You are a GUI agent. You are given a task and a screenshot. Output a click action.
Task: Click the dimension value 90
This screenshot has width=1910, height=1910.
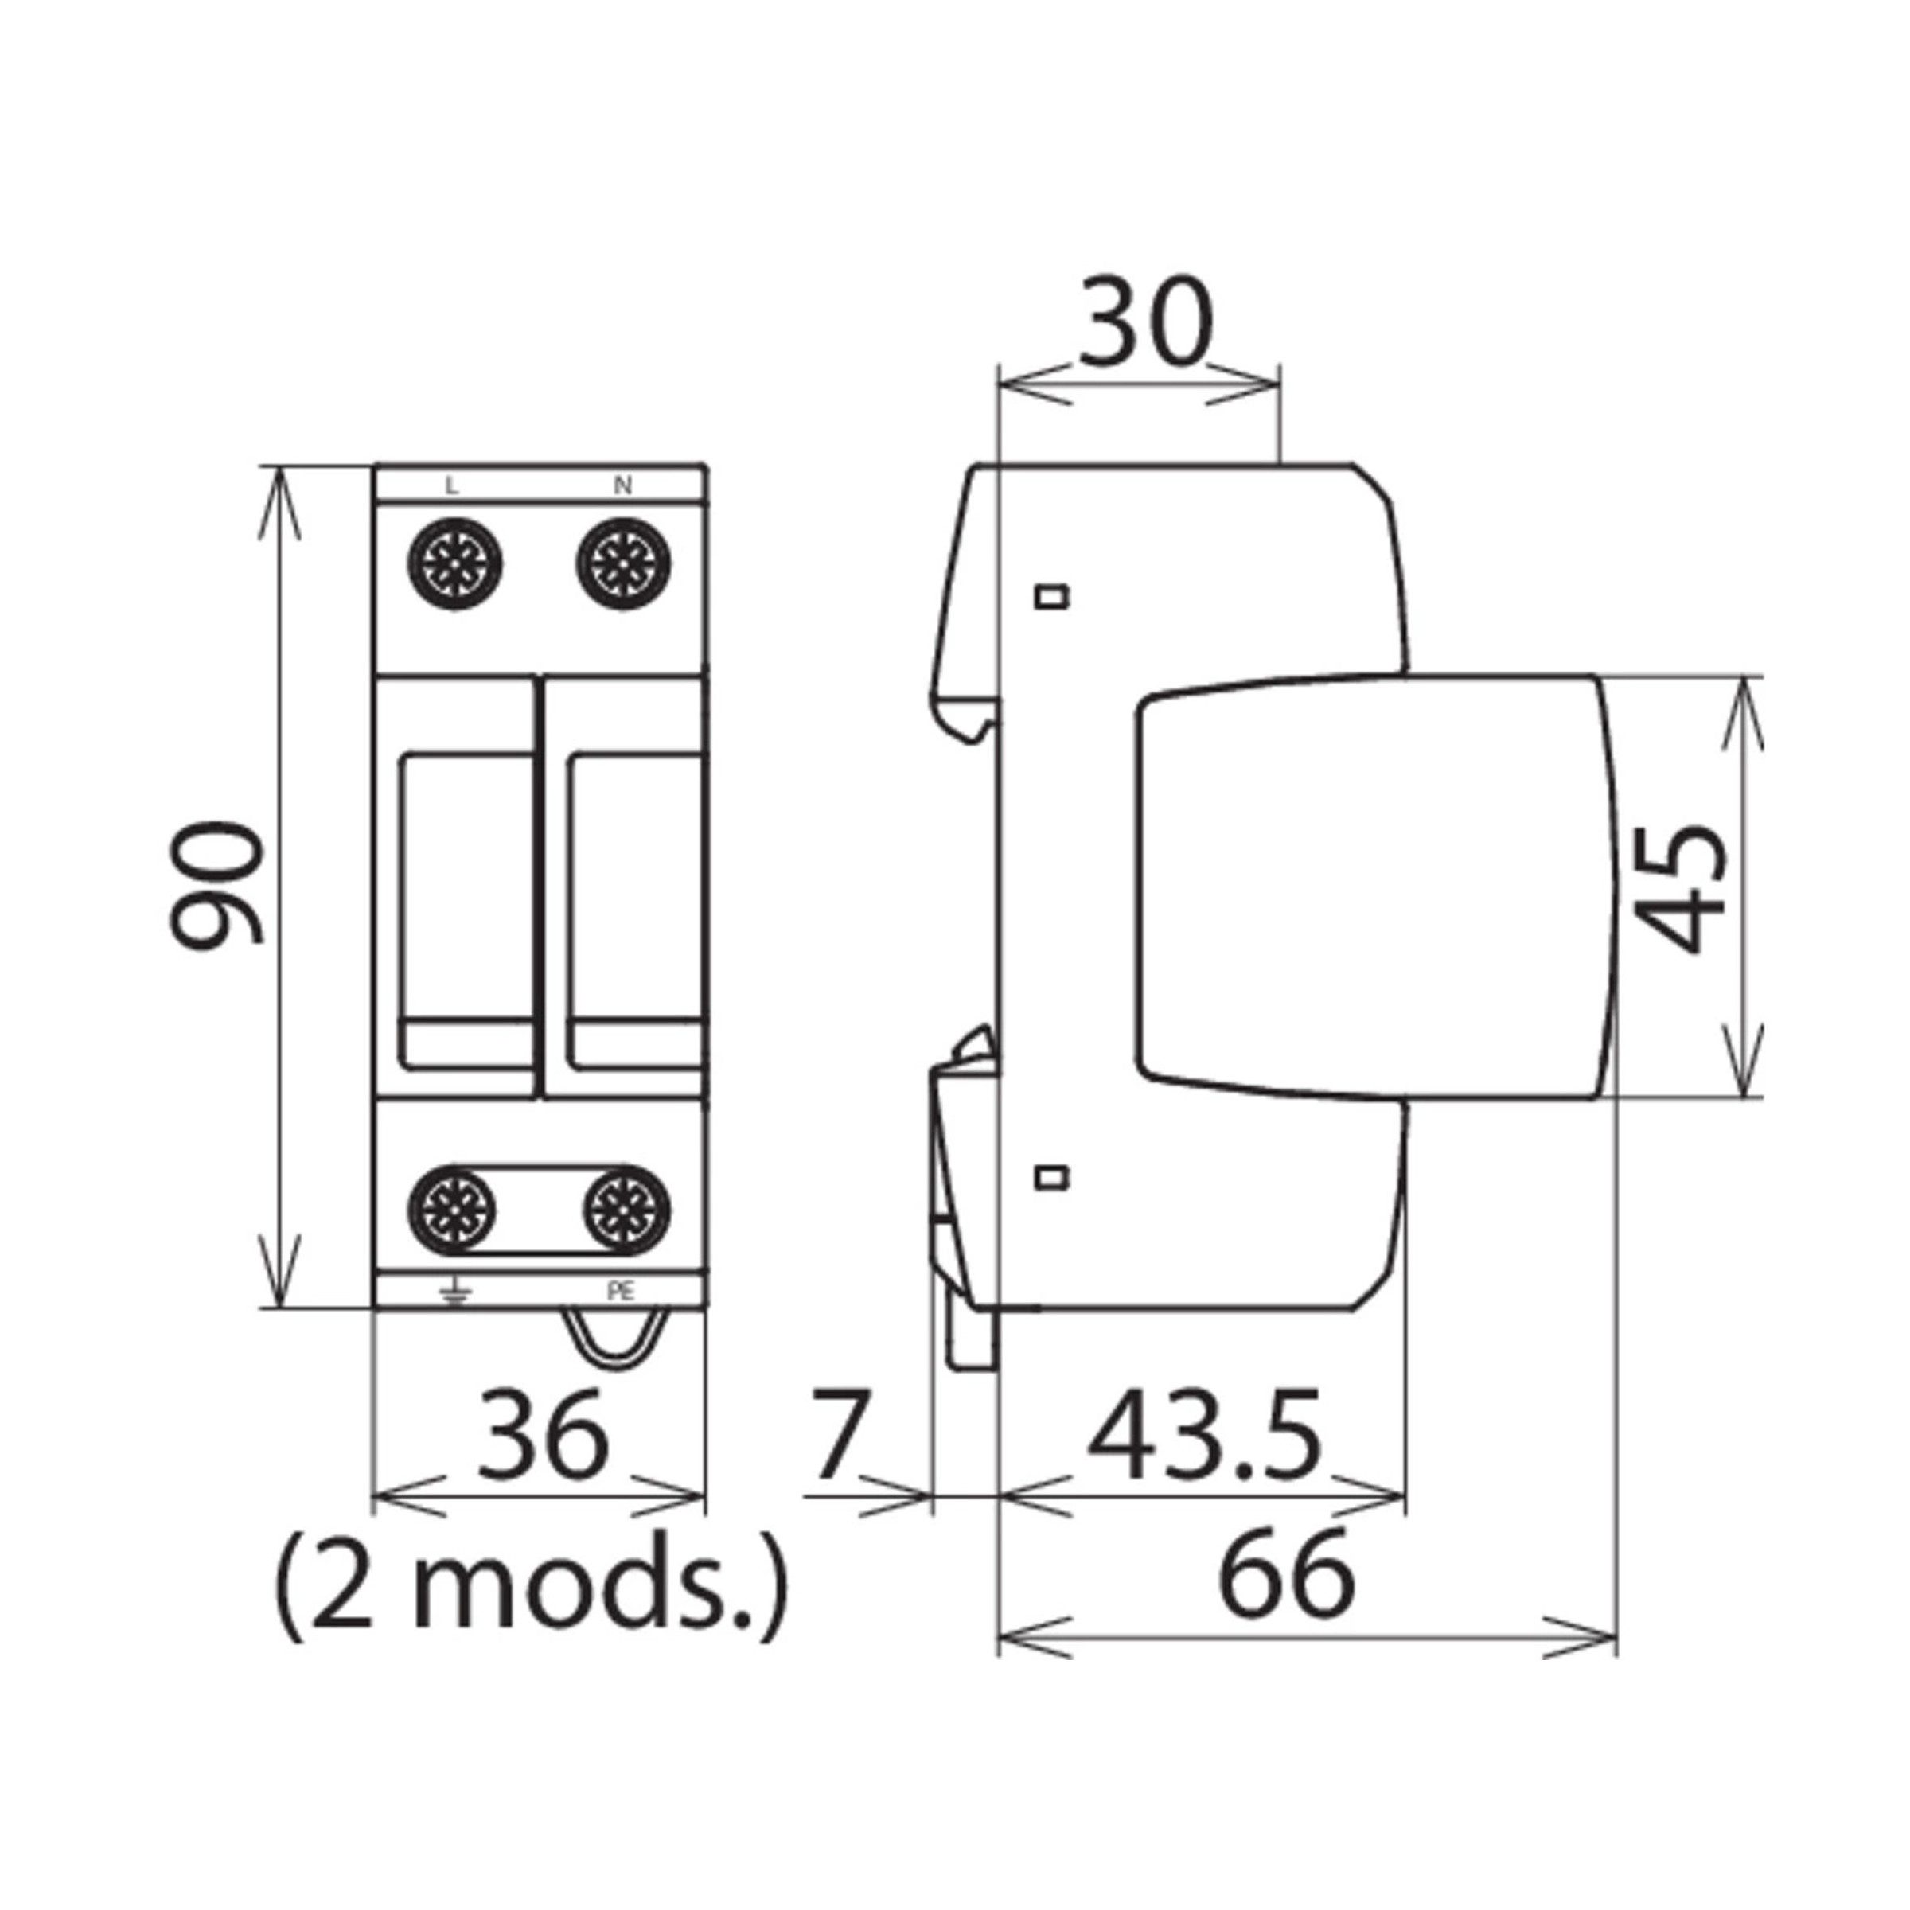pos(215,883)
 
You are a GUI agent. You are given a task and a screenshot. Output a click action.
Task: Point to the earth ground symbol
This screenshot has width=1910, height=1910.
pos(454,1292)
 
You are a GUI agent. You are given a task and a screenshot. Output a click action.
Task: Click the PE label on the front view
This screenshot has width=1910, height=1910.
pos(621,1291)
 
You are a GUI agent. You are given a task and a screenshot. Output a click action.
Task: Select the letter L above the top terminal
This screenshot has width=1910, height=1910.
pos(452,485)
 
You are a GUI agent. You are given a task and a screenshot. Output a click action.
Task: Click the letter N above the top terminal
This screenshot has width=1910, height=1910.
pos(623,485)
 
